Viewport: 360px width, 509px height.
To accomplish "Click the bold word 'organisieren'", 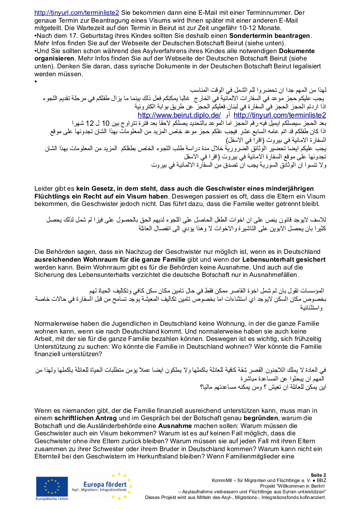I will point(54,58).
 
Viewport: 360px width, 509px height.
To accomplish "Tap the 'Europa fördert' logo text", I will point(105,485).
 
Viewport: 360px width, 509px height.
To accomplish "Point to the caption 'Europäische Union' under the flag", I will point(52,499).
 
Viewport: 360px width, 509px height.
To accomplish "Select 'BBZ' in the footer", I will point(320,480).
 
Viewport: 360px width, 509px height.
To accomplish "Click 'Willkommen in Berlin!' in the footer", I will point(305,486).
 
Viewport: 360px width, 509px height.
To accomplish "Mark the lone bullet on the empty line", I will point(35,81).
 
